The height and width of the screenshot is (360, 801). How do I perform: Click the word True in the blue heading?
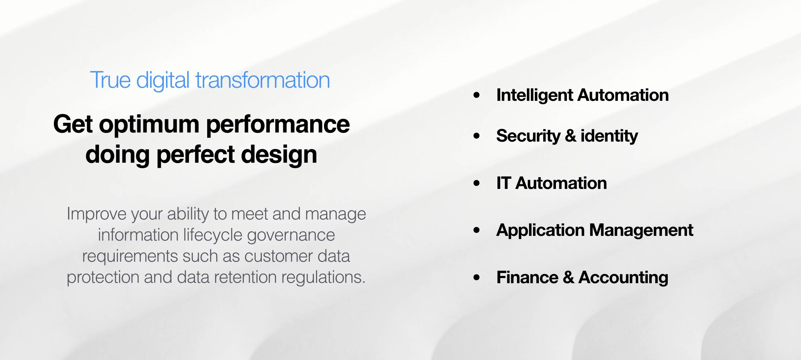110,80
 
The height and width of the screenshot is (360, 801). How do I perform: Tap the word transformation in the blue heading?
263,80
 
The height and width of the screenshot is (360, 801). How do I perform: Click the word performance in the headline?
278,125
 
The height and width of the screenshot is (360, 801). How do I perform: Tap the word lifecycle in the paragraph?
213,235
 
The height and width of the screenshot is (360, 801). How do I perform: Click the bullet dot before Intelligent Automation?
477,95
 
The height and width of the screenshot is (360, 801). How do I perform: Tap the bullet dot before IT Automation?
477,183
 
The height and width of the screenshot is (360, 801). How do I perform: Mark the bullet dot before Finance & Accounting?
477,277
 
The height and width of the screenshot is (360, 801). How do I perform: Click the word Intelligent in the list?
534,95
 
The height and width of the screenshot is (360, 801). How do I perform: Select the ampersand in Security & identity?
571,136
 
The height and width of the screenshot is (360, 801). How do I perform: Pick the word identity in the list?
609,136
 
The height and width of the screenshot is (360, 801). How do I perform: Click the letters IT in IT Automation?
504,183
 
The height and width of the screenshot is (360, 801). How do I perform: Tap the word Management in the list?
641,230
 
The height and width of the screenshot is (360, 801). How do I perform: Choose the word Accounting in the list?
623,277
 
